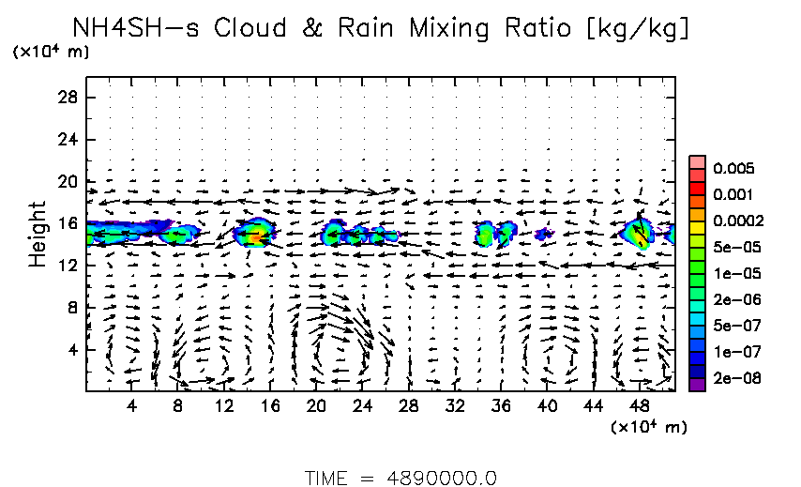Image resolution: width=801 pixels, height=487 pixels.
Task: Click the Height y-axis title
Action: (x=37, y=233)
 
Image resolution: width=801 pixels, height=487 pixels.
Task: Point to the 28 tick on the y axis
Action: (x=68, y=98)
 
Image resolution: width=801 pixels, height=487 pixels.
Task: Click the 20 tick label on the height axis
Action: (x=68, y=181)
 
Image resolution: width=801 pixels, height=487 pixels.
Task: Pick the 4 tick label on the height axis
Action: (x=71, y=350)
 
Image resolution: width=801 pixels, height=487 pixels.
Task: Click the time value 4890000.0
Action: (x=442, y=478)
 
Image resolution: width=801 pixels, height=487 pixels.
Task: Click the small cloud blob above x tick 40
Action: (x=541, y=234)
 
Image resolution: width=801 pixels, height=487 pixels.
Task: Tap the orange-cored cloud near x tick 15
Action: (x=255, y=236)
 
